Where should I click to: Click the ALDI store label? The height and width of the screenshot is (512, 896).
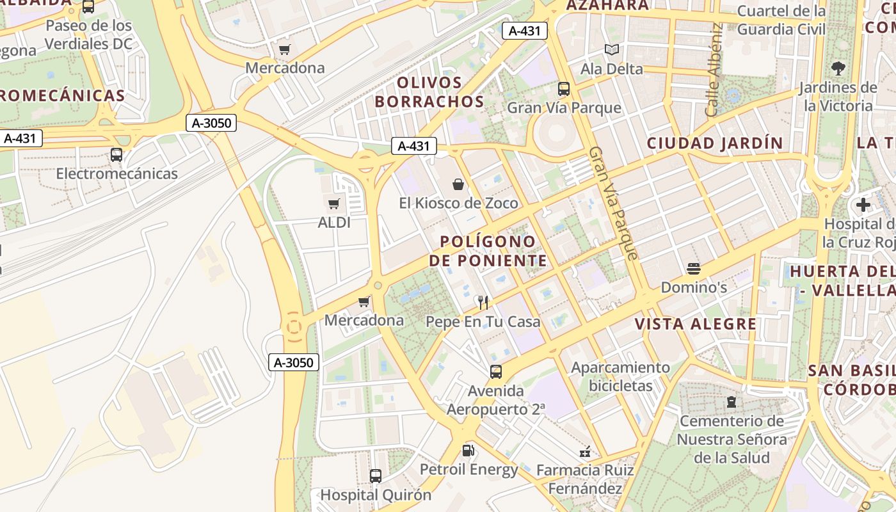(334, 223)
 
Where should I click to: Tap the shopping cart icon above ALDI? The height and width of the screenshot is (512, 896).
(333, 204)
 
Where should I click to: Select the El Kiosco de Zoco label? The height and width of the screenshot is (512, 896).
(458, 204)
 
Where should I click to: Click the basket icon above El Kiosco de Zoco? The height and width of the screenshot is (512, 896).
(458, 185)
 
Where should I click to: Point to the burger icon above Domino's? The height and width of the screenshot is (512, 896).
(694, 269)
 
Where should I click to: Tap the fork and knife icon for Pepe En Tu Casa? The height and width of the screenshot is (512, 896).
(483, 303)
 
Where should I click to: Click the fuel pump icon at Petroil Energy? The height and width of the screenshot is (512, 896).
(468, 451)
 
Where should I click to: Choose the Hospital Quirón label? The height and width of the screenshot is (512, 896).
(376, 495)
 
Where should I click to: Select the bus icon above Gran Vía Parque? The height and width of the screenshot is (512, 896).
(564, 89)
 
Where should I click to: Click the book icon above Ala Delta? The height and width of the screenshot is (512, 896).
(612, 50)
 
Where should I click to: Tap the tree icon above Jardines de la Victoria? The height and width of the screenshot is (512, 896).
(838, 68)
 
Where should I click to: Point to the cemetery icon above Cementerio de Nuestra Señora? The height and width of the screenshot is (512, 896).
(731, 403)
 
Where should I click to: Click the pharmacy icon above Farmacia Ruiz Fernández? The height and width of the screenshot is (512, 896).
(584, 452)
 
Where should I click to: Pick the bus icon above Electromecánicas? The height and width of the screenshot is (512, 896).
(116, 155)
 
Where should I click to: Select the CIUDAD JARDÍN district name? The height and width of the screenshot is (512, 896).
(714, 143)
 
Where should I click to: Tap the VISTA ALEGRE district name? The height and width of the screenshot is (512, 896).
(696, 324)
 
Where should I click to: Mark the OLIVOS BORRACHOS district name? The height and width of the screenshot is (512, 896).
(429, 92)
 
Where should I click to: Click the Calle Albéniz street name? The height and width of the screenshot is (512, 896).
(714, 70)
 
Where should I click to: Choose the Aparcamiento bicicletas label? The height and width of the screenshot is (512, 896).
(620, 376)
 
